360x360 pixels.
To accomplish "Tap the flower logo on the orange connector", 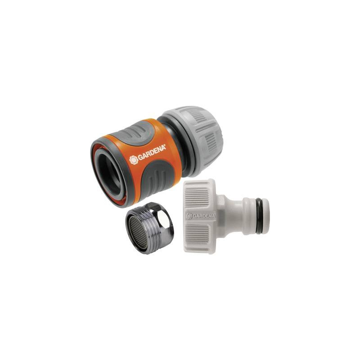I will (x=134, y=159).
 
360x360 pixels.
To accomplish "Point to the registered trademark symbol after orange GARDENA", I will (x=165, y=146).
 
